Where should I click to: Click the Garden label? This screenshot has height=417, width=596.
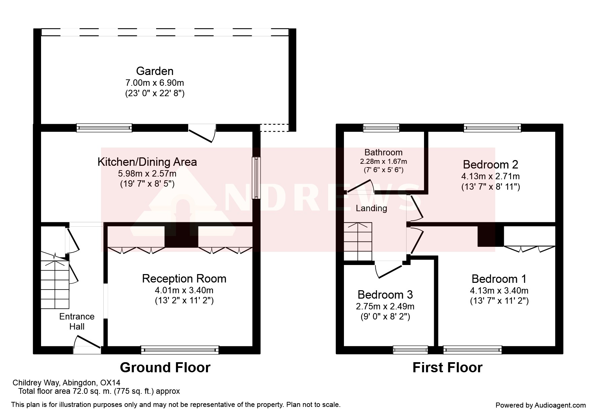[155, 71]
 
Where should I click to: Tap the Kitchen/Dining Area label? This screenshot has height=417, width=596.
[147, 162]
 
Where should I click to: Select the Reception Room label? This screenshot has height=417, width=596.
[184, 278]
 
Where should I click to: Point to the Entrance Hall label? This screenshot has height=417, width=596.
[77, 321]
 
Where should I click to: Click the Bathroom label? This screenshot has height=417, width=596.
[383, 152]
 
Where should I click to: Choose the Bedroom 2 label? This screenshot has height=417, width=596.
[490, 164]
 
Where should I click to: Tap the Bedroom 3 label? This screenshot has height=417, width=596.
[385, 295]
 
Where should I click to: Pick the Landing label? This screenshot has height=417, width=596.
[372, 208]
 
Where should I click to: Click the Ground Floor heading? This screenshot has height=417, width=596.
[165, 367]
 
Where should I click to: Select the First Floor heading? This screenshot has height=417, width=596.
[447, 367]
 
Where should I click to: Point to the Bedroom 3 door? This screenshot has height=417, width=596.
[389, 270]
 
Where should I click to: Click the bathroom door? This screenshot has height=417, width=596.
[360, 186]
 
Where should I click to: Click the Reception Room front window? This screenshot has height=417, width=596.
[180, 350]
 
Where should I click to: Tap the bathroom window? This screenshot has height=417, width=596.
[381, 127]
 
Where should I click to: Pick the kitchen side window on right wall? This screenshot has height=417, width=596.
[256, 178]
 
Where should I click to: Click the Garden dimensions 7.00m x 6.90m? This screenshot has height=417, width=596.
[155, 82]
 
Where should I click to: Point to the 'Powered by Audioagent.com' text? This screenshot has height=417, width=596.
[541, 405]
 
